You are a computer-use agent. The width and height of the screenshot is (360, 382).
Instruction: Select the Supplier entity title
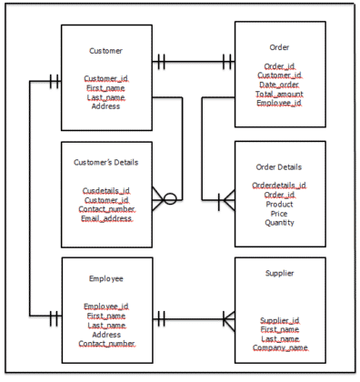(x=280, y=272)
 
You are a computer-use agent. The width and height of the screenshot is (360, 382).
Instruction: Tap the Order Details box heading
(x=280, y=166)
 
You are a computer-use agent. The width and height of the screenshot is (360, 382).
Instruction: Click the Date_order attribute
(x=279, y=85)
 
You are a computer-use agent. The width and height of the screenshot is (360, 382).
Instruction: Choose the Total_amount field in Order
(x=279, y=95)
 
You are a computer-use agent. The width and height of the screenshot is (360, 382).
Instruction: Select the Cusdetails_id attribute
(x=106, y=191)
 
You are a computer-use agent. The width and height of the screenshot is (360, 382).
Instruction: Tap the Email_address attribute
(x=106, y=218)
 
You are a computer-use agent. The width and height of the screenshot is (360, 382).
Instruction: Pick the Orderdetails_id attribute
(x=279, y=186)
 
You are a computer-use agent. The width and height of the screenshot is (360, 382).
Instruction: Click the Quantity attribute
(x=279, y=222)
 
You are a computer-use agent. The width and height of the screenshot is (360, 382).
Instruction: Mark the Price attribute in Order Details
(x=279, y=213)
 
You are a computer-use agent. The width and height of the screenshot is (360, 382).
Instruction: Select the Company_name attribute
(x=280, y=347)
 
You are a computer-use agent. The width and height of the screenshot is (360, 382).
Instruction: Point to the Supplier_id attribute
(x=280, y=320)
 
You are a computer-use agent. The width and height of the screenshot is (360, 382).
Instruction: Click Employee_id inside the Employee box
(x=106, y=307)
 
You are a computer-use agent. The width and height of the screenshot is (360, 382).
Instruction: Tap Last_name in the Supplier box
(x=280, y=338)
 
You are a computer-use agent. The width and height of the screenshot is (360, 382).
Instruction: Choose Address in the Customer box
(x=106, y=106)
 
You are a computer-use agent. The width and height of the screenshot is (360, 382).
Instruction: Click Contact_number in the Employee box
(x=106, y=344)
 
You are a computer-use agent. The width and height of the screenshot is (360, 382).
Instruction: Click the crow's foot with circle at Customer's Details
(x=164, y=197)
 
